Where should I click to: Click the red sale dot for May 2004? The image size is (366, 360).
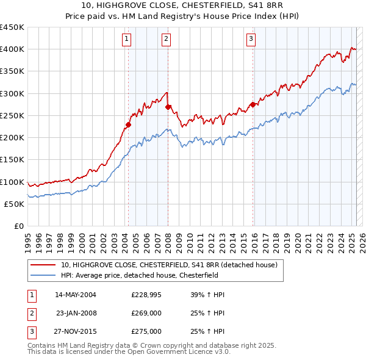(129, 125)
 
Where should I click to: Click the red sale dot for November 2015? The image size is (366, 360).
(253, 105)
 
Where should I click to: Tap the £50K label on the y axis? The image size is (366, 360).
(15, 204)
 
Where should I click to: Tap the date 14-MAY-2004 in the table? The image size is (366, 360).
(76, 295)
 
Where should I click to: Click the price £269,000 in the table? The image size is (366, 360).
(146, 313)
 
